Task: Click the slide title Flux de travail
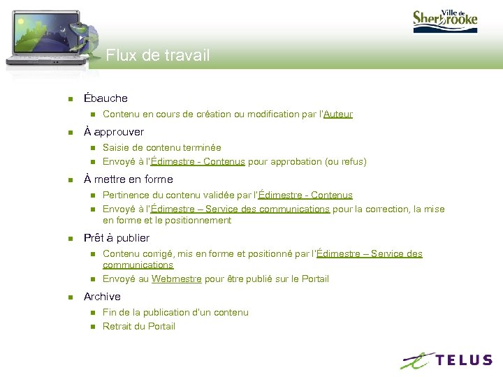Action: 157,55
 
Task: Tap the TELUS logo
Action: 446,360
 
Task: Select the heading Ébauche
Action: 105,98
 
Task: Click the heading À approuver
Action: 114,132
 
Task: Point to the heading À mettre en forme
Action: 128,179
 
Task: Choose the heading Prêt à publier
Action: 117,238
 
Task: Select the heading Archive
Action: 102,297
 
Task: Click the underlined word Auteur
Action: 338,114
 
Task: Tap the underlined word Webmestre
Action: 177,279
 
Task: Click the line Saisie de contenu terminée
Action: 161,147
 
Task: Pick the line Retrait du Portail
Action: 139,326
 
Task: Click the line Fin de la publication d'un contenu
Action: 175,312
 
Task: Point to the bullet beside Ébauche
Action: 69,99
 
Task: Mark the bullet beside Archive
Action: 69,297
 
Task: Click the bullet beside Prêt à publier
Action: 69,239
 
